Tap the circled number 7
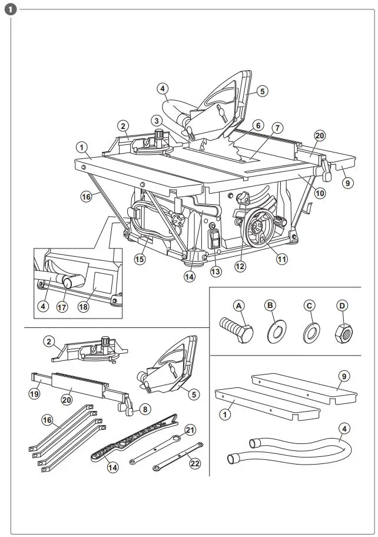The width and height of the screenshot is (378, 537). (277, 128)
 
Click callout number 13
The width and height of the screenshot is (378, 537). (216, 271)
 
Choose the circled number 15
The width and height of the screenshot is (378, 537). (140, 259)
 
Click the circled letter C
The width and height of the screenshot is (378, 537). (308, 306)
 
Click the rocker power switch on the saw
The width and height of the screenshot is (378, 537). (215, 239)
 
